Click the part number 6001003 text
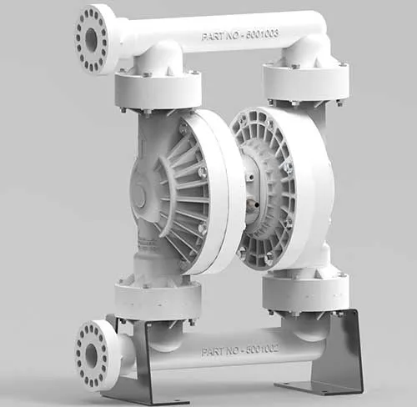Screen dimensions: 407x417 [x=239, y=35]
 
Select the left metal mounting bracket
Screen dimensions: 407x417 [x=133, y=367]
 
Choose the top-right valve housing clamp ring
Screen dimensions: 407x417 [x=305, y=82]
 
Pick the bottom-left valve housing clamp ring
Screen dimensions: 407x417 [x=158, y=298]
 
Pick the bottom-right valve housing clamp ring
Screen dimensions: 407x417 [x=304, y=291]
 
